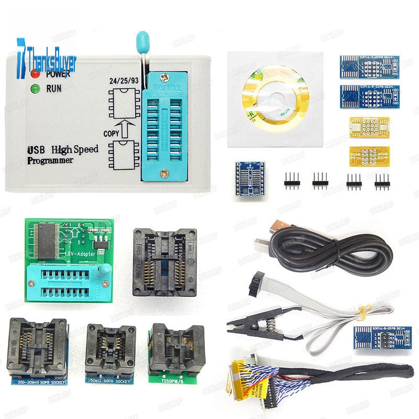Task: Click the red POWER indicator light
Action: click(35, 74)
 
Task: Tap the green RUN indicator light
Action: click(35, 89)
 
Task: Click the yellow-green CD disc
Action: click(268, 98)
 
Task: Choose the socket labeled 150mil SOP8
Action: click(111, 349)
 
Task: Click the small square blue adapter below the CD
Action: click(250, 178)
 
